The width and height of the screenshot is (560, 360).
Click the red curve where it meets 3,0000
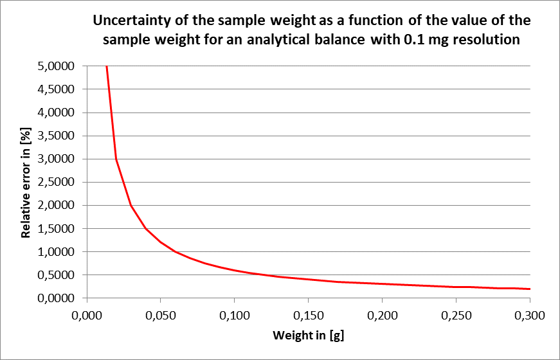pyautogui.click(x=116, y=159)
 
